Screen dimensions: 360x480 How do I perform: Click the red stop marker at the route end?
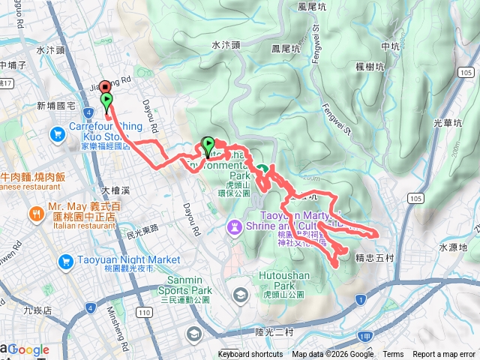[103, 87]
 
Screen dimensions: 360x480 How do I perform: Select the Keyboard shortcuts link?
[250, 355]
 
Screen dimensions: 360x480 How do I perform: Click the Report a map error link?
[444, 355]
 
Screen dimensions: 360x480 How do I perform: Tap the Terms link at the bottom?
[393, 355]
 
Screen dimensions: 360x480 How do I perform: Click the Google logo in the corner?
[28, 349]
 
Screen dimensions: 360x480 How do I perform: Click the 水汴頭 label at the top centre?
[226, 45]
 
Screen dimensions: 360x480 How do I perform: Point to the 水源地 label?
[452, 247]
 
